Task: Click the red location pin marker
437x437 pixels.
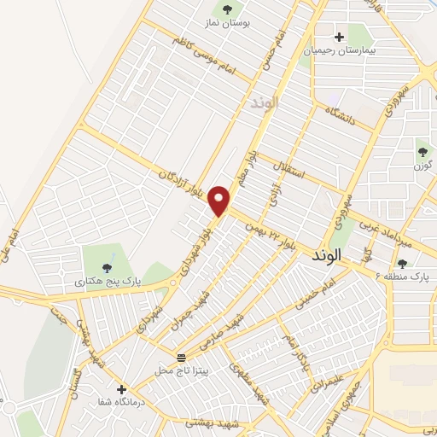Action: pos(221,200)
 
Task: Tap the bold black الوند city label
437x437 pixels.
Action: pos(327,255)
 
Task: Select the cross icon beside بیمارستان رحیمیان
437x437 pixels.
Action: pos(340,37)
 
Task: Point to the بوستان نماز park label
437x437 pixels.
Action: pos(227,22)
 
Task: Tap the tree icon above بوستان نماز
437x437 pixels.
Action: pos(227,9)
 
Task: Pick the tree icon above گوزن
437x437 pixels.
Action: pos(422,152)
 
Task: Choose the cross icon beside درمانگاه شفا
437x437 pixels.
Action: pos(121,389)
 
